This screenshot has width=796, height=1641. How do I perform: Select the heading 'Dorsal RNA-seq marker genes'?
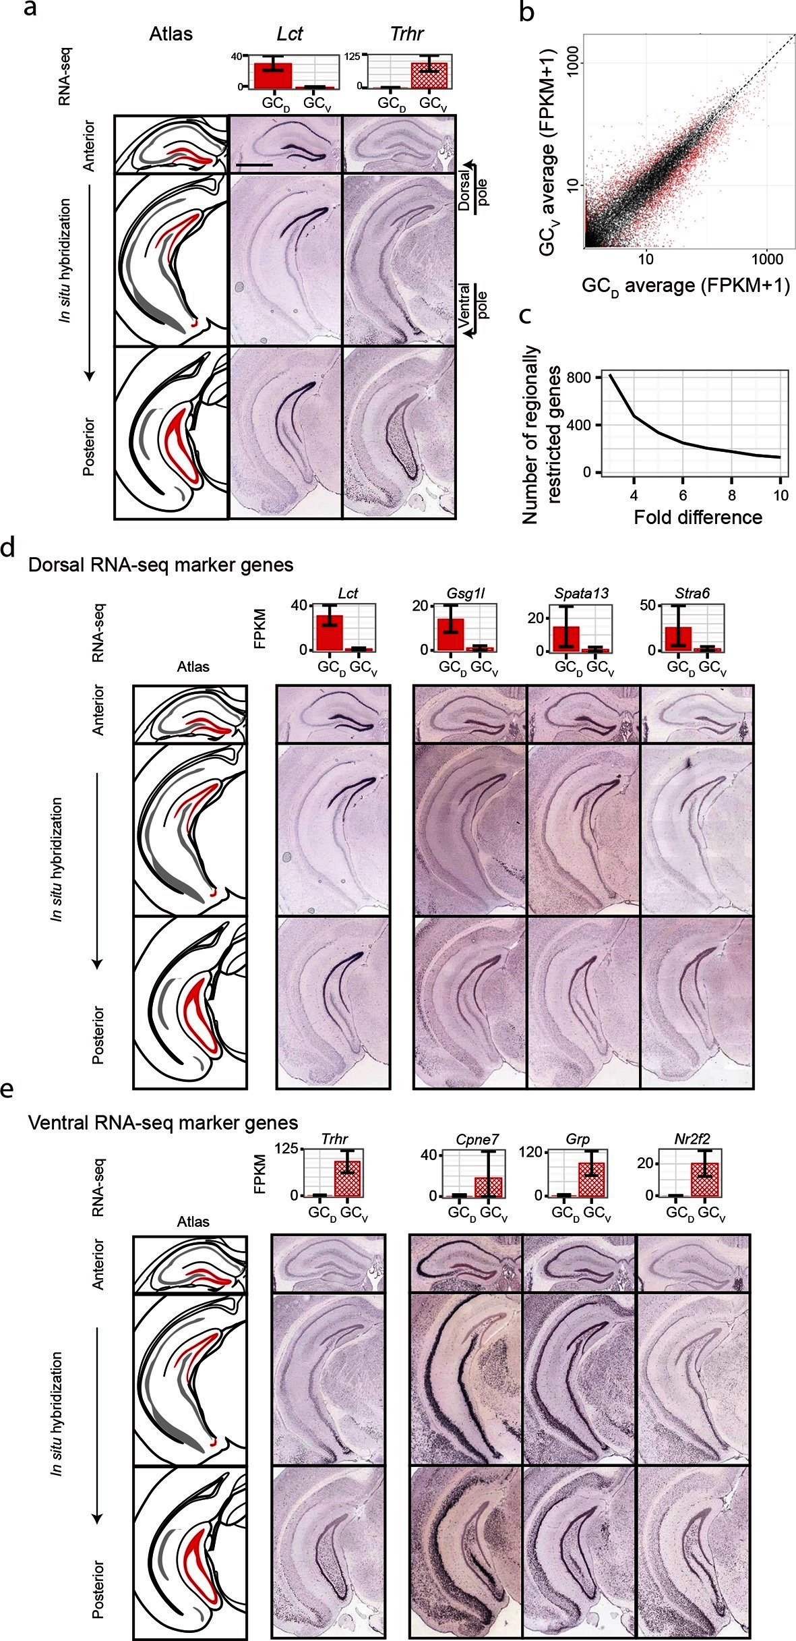point(161,565)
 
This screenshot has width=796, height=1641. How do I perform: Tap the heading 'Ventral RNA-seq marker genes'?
point(163,1122)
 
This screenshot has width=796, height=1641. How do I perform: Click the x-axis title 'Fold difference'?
point(698,517)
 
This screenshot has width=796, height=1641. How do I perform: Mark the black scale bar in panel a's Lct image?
point(255,163)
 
